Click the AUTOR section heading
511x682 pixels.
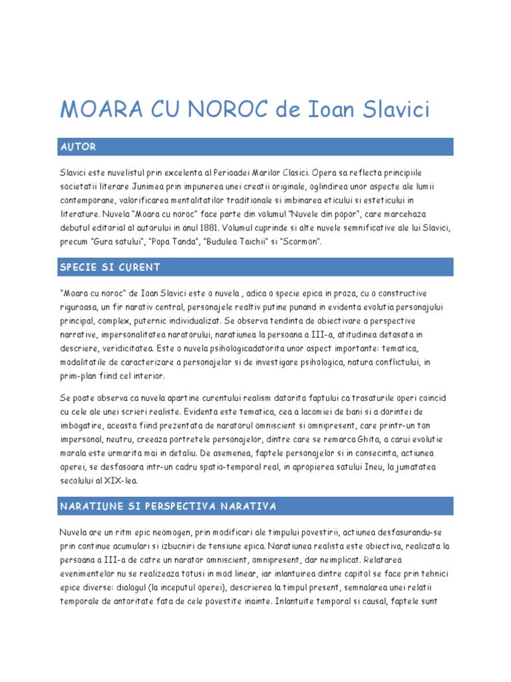coord(78,147)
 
